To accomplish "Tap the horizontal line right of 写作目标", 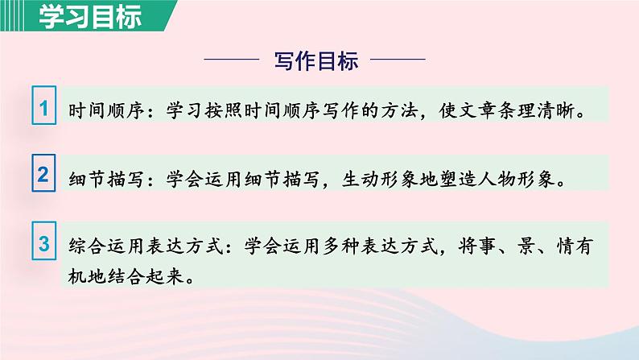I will (398, 59).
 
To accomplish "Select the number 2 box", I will (45, 175).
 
